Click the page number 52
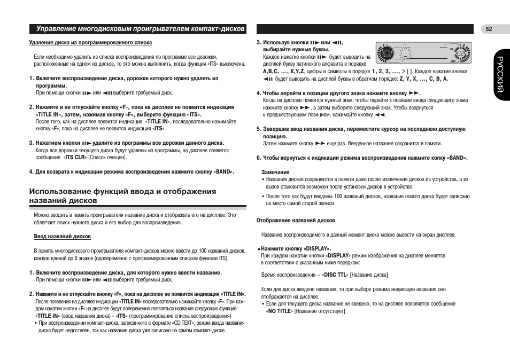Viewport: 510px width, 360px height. [x=489, y=29]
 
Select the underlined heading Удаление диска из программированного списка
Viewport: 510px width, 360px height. [x=90, y=43]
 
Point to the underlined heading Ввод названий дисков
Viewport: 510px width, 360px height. [x=63, y=236]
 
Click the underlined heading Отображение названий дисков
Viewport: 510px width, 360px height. [x=296, y=220]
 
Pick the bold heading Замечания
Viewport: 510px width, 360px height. [x=275, y=172]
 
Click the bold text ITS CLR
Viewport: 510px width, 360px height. [x=75, y=158]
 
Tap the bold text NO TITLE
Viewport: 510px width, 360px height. [x=280, y=311]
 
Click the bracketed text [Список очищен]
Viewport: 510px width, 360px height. [x=107, y=158]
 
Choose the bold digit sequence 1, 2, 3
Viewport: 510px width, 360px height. [x=383, y=71]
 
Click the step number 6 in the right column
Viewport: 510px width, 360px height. [x=258, y=158]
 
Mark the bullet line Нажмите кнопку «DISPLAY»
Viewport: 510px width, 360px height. [x=296, y=249]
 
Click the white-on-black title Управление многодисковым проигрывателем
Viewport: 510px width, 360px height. [x=140, y=28]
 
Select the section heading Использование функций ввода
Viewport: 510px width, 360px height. [x=122, y=196]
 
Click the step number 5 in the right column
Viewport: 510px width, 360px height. [x=258, y=129]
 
